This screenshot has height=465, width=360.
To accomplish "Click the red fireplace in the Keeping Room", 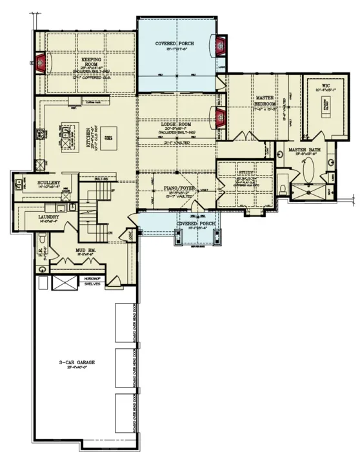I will (x=41, y=63).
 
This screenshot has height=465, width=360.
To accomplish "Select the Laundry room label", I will (x=49, y=217).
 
